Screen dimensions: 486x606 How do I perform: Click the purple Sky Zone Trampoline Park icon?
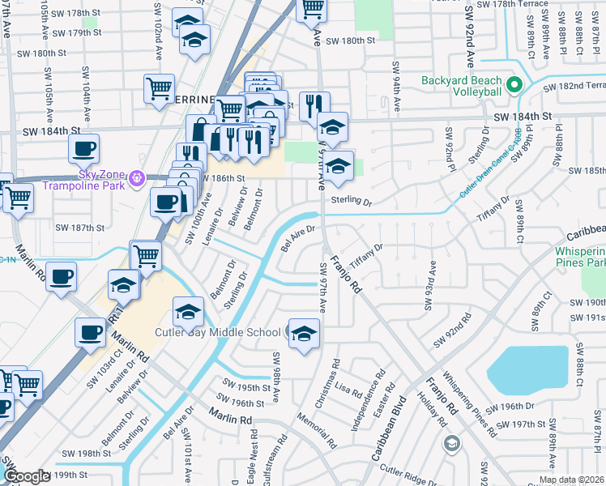point(137,176)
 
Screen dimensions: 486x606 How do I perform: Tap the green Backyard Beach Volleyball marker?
point(513,85)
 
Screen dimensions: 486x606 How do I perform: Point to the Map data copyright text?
point(571,480)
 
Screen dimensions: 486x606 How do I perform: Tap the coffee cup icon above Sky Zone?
point(83,149)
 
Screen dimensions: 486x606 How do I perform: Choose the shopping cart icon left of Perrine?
point(160,88)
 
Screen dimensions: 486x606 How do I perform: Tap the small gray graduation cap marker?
point(451,443)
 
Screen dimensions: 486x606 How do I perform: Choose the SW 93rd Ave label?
point(430,285)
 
